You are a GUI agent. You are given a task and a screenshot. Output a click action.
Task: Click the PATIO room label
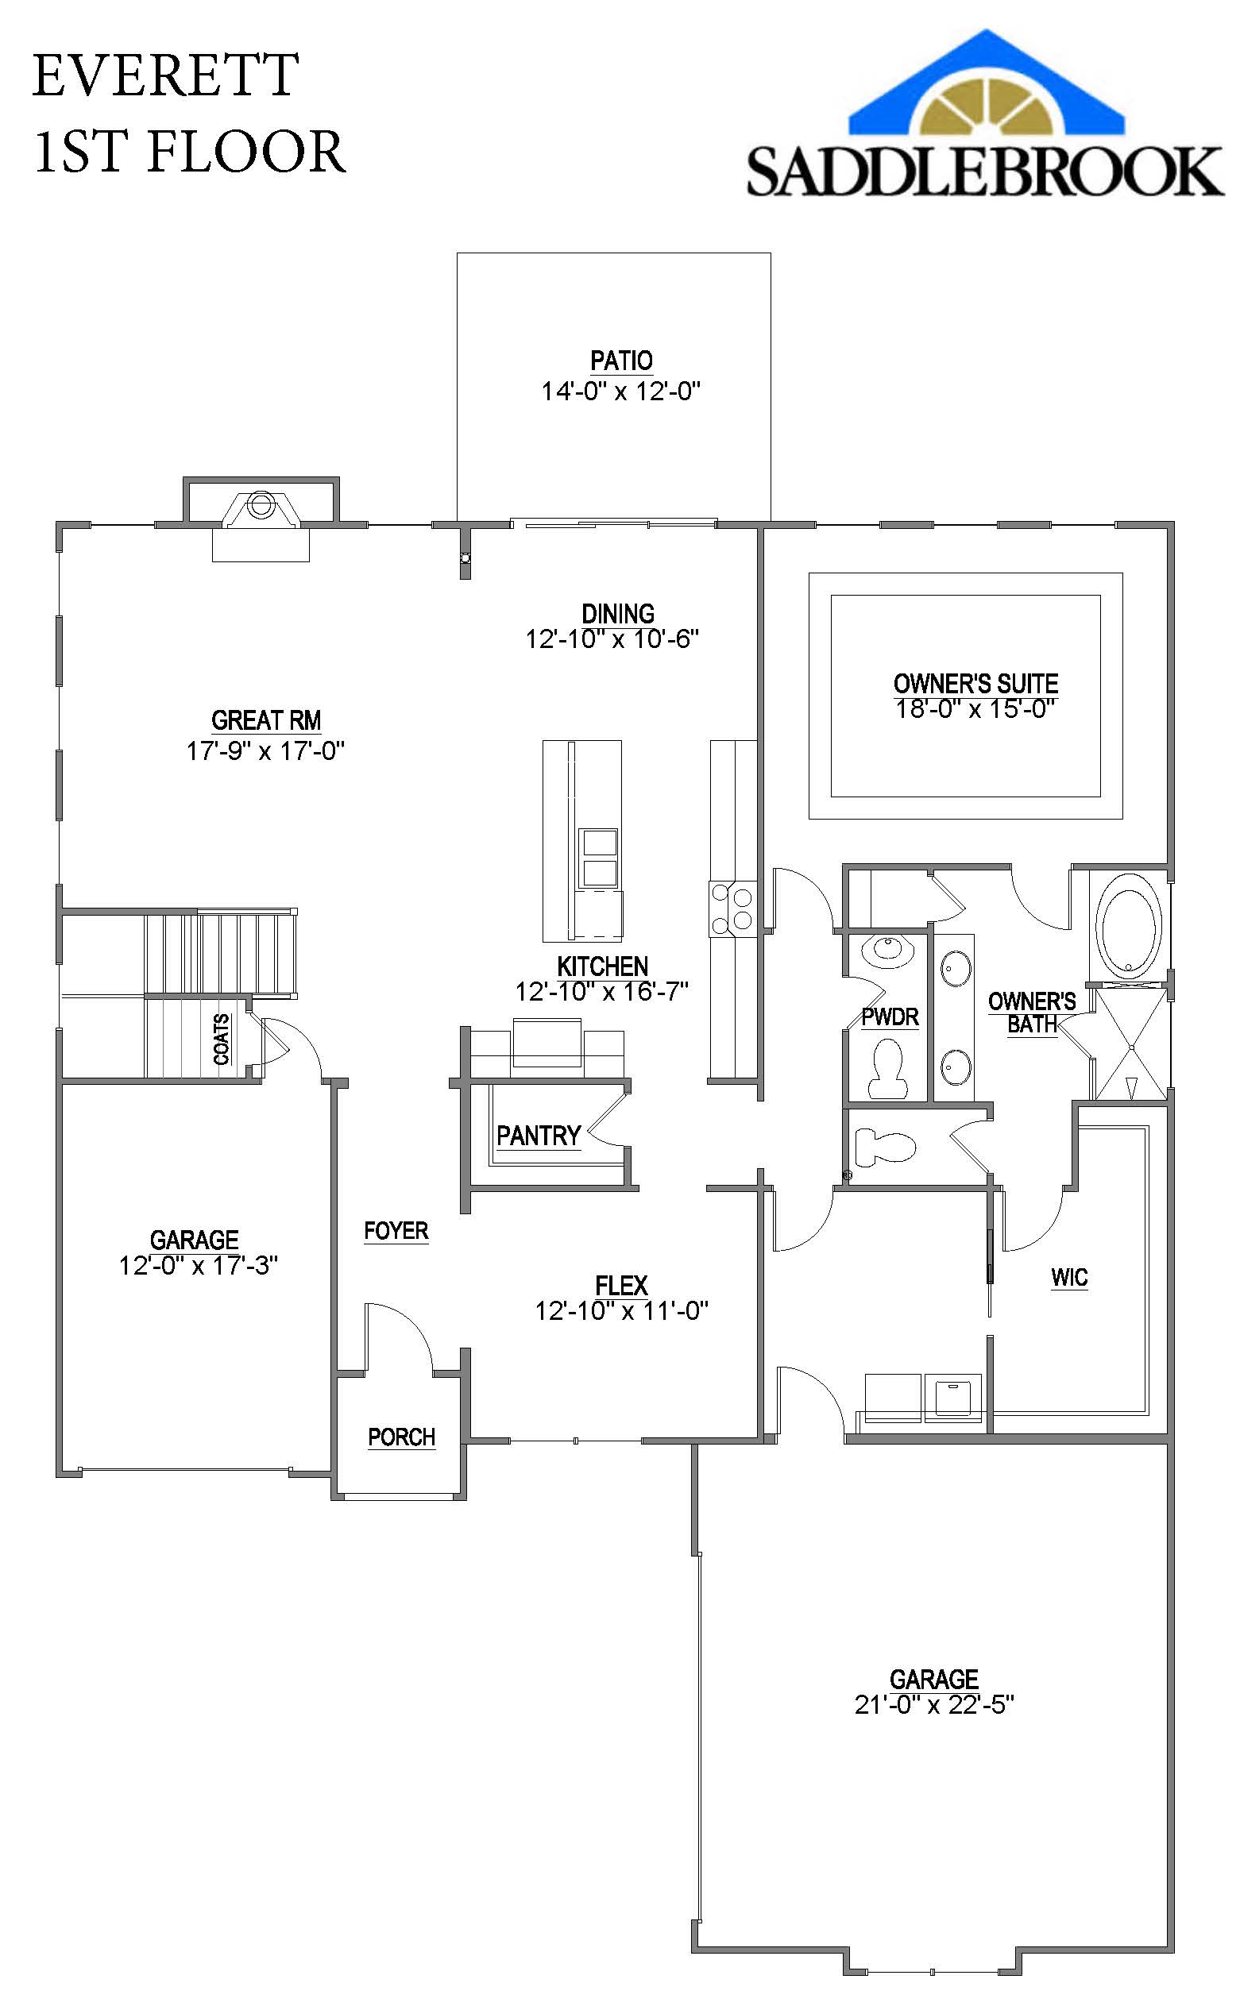621,361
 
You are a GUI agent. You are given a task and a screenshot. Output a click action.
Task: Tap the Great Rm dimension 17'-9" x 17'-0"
265,751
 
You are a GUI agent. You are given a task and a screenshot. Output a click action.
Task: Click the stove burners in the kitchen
732,908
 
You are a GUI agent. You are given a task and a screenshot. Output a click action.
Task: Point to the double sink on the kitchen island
599,858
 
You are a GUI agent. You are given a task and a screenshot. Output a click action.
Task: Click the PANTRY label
538,1136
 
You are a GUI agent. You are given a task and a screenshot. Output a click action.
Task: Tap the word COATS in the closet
222,1040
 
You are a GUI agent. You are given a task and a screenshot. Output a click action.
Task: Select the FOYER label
396,1230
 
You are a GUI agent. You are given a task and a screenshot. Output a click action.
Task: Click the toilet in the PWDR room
886,1068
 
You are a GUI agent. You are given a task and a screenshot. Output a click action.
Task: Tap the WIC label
1068,1276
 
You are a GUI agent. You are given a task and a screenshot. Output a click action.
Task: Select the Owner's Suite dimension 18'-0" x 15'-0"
975,708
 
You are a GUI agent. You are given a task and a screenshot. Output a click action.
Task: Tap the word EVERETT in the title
165,75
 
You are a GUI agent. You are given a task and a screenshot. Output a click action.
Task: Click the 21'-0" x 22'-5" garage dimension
933,1704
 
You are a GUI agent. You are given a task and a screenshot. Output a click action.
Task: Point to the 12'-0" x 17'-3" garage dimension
198,1265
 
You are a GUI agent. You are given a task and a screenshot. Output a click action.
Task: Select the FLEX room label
621,1285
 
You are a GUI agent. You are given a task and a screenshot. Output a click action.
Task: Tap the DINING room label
617,613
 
